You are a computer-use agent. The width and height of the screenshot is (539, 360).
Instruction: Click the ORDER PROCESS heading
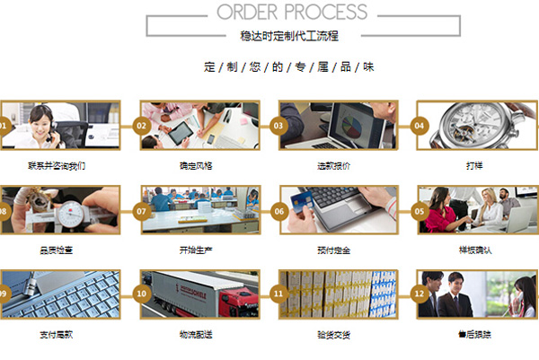(292, 12)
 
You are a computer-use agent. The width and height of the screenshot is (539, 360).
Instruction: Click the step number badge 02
(141, 126)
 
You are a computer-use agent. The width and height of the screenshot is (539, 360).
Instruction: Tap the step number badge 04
(419, 126)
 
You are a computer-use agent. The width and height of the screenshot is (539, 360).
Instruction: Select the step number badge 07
(141, 210)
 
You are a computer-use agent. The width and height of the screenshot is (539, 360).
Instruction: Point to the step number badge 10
(141, 294)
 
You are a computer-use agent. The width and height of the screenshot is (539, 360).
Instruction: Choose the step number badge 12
(419, 294)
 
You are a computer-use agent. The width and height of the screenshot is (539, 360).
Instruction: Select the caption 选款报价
(334, 166)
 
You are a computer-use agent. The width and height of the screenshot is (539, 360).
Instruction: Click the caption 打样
(474, 166)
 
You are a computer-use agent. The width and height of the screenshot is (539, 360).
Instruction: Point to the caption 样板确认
(474, 250)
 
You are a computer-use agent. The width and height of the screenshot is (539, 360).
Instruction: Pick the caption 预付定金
(334, 250)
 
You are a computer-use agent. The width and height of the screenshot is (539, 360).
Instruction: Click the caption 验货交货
(334, 335)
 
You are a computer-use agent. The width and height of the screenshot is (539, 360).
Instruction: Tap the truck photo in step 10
(202, 294)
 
